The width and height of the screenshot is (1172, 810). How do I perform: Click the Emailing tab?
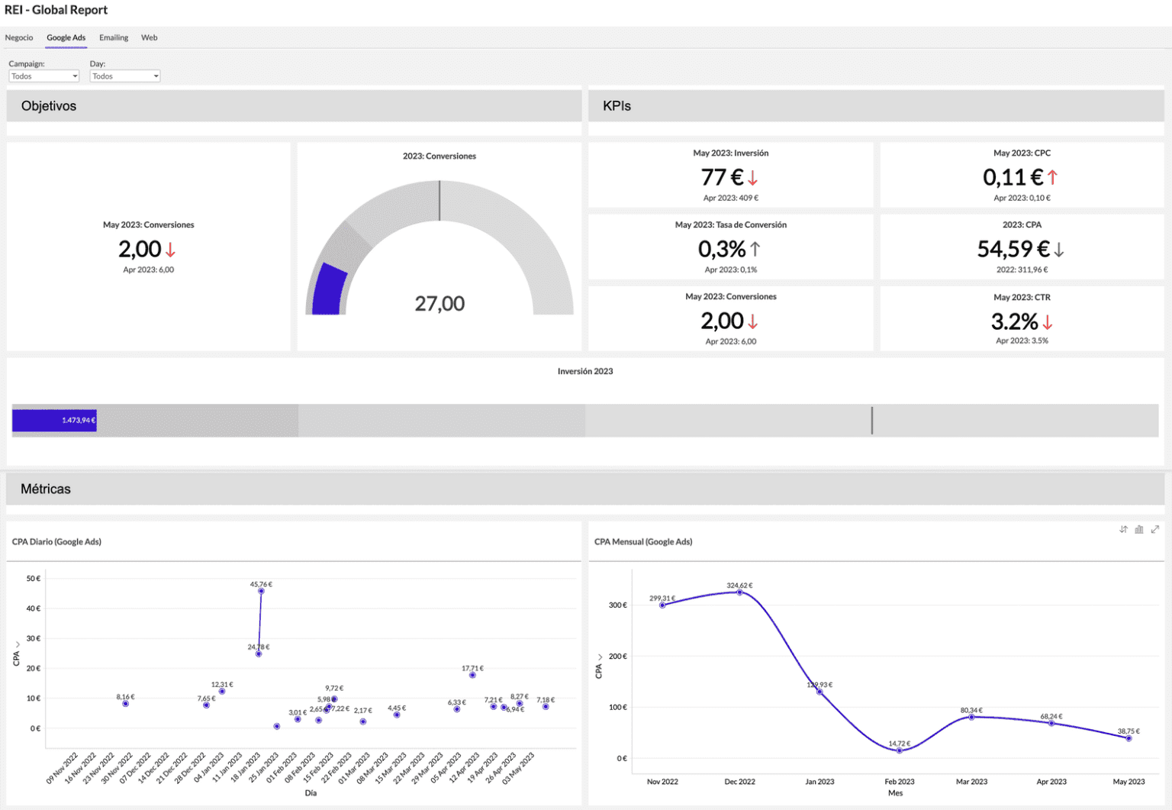(114, 37)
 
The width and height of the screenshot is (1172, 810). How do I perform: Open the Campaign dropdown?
(43, 76)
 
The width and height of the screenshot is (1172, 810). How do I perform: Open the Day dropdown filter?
(124, 76)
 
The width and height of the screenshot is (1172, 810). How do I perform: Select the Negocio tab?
(19, 37)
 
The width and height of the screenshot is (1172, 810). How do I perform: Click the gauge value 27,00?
(439, 304)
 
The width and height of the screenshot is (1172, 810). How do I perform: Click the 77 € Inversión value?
(722, 177)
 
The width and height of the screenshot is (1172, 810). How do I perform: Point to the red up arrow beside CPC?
(1052, 177)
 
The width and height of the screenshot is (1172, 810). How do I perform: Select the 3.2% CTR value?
(1014, 321)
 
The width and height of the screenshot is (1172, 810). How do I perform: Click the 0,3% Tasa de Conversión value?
(722, 249)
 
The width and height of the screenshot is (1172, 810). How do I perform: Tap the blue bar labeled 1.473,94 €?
(54, 421)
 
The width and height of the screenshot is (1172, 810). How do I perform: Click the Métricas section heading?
(46, 489)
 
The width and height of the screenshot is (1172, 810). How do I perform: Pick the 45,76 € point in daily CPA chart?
(261, 591)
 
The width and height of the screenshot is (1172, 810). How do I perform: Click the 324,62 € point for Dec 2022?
(739, 592)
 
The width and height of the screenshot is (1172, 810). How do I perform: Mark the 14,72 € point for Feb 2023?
(900, 750)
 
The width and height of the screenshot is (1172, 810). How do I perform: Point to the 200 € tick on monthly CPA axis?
(617, 657)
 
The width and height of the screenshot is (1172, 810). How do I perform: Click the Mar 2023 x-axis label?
(971, 782)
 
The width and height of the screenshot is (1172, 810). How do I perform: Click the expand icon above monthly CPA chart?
(1155, 529)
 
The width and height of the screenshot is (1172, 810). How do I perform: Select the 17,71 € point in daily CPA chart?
(472, 675)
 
